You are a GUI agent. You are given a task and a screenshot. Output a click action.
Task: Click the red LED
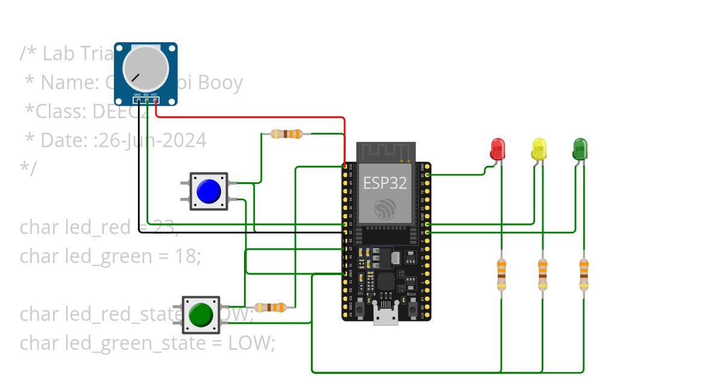click(x=498, y=148)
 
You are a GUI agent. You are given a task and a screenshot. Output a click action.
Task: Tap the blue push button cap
click(x=208, y=191)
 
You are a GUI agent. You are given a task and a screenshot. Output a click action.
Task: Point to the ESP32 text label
click(x=384, y=183)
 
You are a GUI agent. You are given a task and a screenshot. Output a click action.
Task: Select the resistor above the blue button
click(x=286, y=134)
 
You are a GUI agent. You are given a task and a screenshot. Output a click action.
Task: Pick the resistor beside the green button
click(x=269, y=308)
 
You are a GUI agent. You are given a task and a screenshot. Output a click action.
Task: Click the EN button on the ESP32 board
click(x=360, y=309)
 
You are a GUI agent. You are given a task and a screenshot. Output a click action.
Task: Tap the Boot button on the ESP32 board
click(x=412, y=309)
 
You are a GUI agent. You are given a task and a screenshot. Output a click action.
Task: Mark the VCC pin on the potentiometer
click(x=155, y=101)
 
